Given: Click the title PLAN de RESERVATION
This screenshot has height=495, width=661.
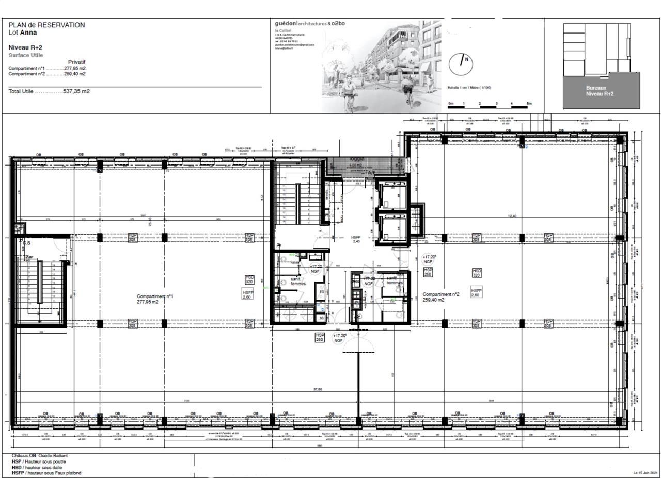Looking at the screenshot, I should pos(46,25).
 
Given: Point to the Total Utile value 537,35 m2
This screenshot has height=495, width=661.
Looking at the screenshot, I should pos(76,91).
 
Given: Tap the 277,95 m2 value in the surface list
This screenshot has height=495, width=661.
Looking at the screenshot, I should pos(75,68).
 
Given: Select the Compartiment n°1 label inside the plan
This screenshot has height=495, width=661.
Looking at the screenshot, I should pos(155,296).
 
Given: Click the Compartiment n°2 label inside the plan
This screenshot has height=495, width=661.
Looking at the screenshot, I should pos(440,295).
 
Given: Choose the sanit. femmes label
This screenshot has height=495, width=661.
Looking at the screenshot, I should pos(298,281).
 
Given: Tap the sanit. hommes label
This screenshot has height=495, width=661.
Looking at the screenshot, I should pos(395,281).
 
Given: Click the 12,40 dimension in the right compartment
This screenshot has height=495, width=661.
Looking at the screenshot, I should pos(512,216).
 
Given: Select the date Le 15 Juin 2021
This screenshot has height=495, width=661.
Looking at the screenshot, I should pos(645,473).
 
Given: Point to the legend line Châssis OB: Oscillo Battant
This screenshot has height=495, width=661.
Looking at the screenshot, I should pos(40,456).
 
